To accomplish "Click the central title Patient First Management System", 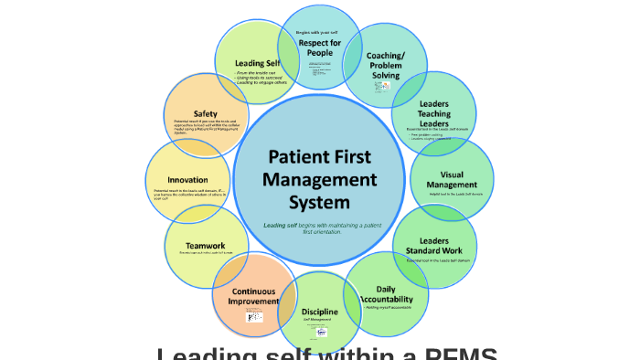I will (319, 178).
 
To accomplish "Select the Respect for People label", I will (320, 48).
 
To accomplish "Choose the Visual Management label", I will (452, 179).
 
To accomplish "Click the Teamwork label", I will (205, 245).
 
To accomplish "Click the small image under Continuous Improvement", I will (253, 316).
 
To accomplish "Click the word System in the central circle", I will (319, 201).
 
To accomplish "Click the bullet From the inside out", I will (257, 72).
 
